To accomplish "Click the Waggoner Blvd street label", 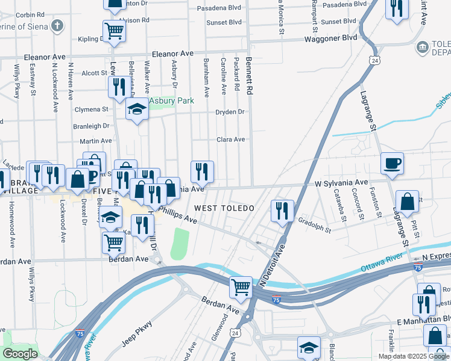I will click(x=333, y=37).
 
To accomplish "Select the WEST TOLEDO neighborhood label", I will click(x=222, y=208).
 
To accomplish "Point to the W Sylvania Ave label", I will click(x=341, y=182).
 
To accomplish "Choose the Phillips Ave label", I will click(x=178, y=216).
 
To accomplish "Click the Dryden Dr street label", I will click(x=231, y=112).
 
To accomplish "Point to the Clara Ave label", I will click(x=231, y=140).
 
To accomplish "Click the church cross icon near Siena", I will click(x=57, y=26).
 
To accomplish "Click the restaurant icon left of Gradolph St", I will click(x=282, y=210).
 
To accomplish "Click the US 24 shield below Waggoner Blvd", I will click(x=375, y=61).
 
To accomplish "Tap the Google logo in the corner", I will click(x=20, y=354).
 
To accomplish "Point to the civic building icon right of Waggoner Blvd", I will click(x=422, y=46).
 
